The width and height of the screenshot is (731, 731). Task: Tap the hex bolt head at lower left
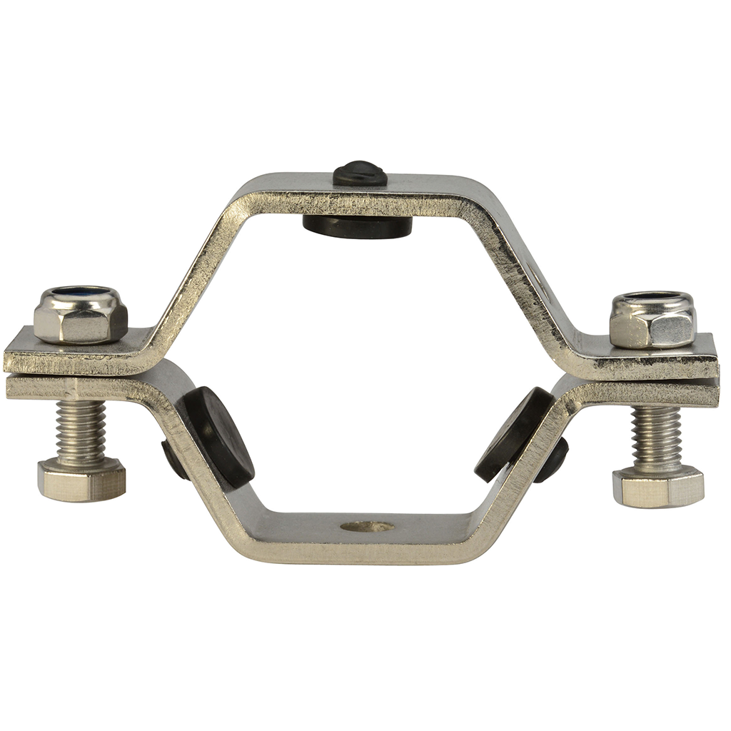(x=81, y=480)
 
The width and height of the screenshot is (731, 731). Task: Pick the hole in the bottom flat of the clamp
(x=367, y=527)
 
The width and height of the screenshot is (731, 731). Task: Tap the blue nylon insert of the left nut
(x=80, y=292)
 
